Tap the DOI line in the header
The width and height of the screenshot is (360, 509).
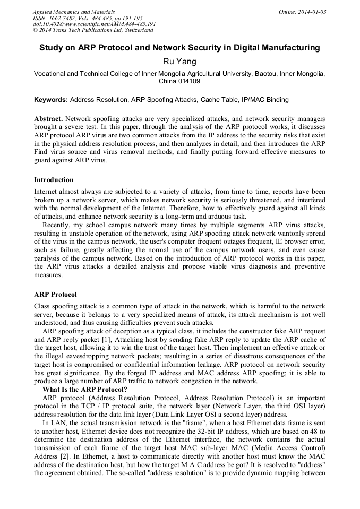pos(95,24)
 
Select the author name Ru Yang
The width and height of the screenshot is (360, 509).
pos(179,62)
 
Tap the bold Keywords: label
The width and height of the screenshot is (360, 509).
pos(50,99)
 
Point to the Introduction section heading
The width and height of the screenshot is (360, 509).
pos(54,180)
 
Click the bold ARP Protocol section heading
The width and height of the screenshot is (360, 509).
pos(55,294)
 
